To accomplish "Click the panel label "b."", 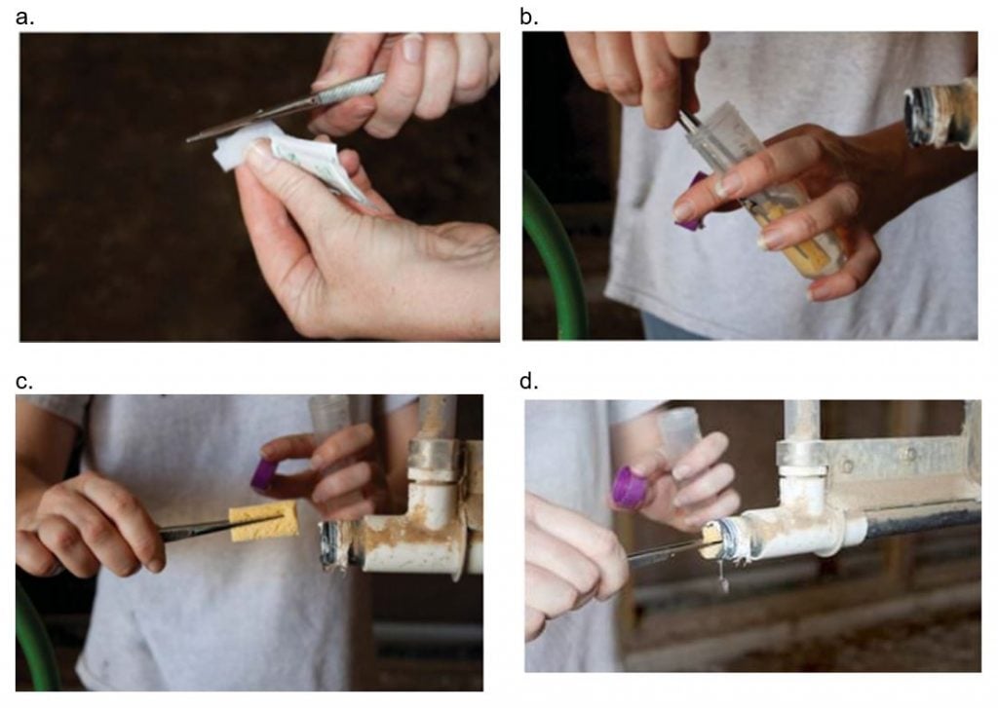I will (x=529, y=16).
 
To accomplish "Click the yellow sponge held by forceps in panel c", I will (x=263, y=521).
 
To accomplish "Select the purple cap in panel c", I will (x=264, y=475).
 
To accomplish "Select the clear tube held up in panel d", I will (x=680, y=429).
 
